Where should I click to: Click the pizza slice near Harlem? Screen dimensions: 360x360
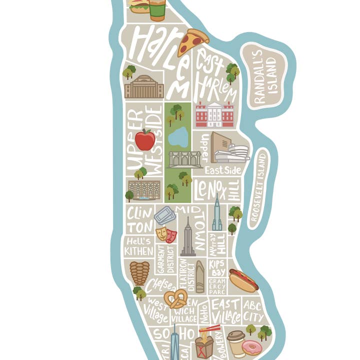[193, 40]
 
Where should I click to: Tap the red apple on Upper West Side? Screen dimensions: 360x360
[145, 140]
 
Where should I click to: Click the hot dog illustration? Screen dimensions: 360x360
[243, 280]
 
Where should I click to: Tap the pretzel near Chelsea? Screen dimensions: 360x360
[175, 299]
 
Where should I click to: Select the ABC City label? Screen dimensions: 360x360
[253, 310]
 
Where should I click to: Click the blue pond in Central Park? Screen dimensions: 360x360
[178, 137]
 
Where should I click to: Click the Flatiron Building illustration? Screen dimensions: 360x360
[200, 276]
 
